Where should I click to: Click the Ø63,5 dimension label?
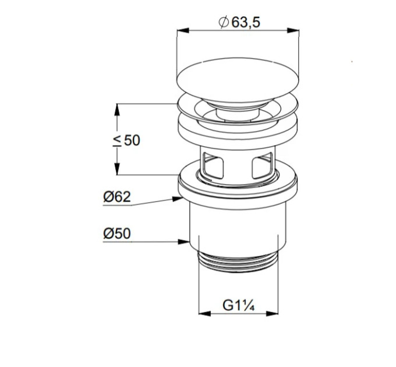pyautogui.click(x=239, y=23)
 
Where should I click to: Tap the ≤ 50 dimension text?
pyautogui.click(x=126, y=140)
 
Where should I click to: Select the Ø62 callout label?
pyautogui.click(x=117, y=197)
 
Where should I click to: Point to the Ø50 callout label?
pyautogui.click(x=117, y=234)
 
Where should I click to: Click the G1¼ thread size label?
pyautogui.click(x=239, y=305)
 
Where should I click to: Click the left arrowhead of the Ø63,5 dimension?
pyautogui.click(x=183, y=30)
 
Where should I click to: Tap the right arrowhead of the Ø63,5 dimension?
pyautogui.click(x=293, y=30)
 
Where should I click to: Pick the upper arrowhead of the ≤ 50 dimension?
pyautogui.click(x=116, y=110)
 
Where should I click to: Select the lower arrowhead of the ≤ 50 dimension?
pyautogui.click(x=116, y=169)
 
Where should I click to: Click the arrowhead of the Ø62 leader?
pyautogui.click(x=178, y=199)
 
